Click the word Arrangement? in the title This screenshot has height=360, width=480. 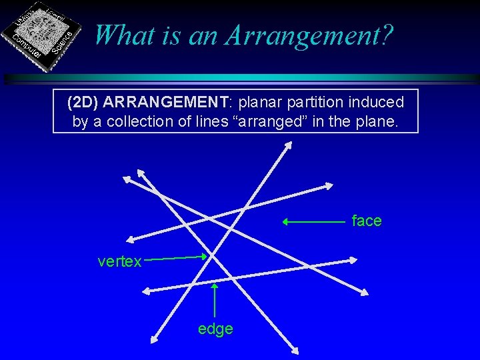click(307, 35)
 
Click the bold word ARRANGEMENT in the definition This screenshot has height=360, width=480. click(166, 103)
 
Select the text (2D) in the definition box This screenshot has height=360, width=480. click(83, 103)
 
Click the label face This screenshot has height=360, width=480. click(367, 221)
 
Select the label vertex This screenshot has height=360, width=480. click(119, 261)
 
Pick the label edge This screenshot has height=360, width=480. click(215, 329)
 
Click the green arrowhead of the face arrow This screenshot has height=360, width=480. click(285, 221)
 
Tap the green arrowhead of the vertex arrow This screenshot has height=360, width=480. click(207, 257)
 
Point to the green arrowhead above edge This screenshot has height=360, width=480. click(215, 287)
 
